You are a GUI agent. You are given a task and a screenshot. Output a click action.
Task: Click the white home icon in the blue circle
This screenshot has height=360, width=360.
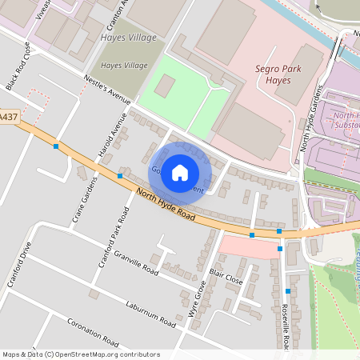click(180, 172)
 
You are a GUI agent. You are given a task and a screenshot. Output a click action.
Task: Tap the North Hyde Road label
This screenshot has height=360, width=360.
click(166, 203)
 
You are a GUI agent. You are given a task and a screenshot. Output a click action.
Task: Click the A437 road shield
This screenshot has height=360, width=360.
click(8, 117)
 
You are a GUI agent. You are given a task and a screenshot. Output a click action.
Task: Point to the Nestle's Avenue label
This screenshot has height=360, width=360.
click(106, 90)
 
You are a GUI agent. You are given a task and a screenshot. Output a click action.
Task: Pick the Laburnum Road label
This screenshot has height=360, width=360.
click(150, 314)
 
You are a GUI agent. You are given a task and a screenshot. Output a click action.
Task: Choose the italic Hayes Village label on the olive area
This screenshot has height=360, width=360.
click(124, 65)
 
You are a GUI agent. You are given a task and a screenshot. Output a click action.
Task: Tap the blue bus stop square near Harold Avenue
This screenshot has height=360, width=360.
click(119, 175)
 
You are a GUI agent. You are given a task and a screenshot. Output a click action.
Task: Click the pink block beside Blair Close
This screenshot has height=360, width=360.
click(248, 247)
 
